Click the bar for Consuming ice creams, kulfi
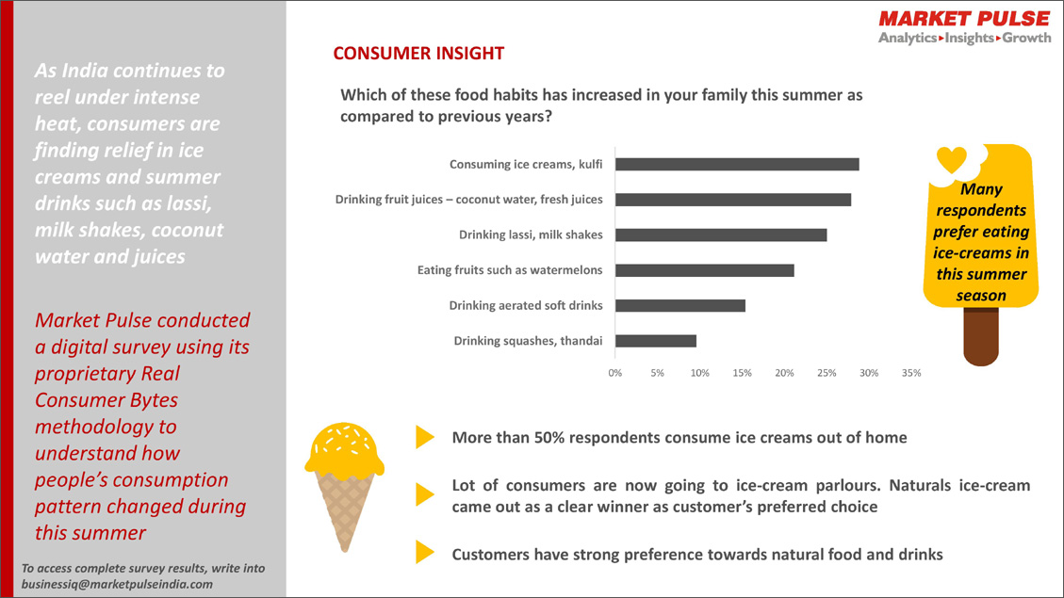pos(737,164)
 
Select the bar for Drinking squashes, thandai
pos(656,341)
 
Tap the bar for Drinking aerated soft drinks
pos(680,305)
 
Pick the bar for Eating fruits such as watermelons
pos(705,270)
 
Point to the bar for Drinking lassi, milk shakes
pos(721,234)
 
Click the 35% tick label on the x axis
pos(910,373)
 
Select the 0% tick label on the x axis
pos(615,373)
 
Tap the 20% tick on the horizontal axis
pos(784,373)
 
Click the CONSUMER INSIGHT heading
pos(418,54)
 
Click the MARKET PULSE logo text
pos(963,19)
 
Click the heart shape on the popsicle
pos(953,159)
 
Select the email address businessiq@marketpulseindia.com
pos(117,584)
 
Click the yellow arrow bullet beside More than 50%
pos(425,437)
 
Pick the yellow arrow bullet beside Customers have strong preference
pos(425,554)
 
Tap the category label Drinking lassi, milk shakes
pos(531,234)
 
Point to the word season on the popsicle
pos(981,296)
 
